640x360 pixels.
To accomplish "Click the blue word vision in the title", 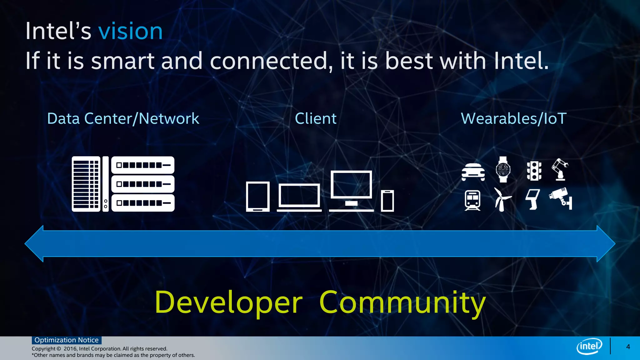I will pyautogui.click(x=130, y=32).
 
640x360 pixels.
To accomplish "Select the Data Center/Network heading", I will pyautogui.click(x=123, y=119).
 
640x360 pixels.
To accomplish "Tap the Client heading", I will pyautogui.click(x=316, y=119).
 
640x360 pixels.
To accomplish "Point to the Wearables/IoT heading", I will pyautogui.click(x=513, y=119).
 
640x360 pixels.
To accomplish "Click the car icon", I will pyautogui.click(x=473, y=172).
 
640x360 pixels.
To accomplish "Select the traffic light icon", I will pyautogui.click(x=534, y=171).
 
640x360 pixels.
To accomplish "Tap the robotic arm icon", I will pyautogui.click(x=560, y=169).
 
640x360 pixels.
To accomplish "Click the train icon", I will pyautogui.click(x=472, y=200).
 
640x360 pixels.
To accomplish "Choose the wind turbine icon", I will pyautogui.click(x=502, y=199).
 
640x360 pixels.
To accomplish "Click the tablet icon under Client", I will pyautogui.click(x=258, y=197).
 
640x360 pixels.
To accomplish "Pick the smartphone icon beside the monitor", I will pyautogui.click(x=387, y=201).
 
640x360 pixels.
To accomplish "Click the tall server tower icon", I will pyautogui.click(x=86, y=184).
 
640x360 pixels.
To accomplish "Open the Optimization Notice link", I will pyautogui.click(x=67, y=340).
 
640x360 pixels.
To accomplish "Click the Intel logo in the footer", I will pyautogui.click(x=589, y=346).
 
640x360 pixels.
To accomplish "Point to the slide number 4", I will pyautogui.click(x=628, y=347).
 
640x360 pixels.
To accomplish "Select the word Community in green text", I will pyautogui.click(x=402, y=302).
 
